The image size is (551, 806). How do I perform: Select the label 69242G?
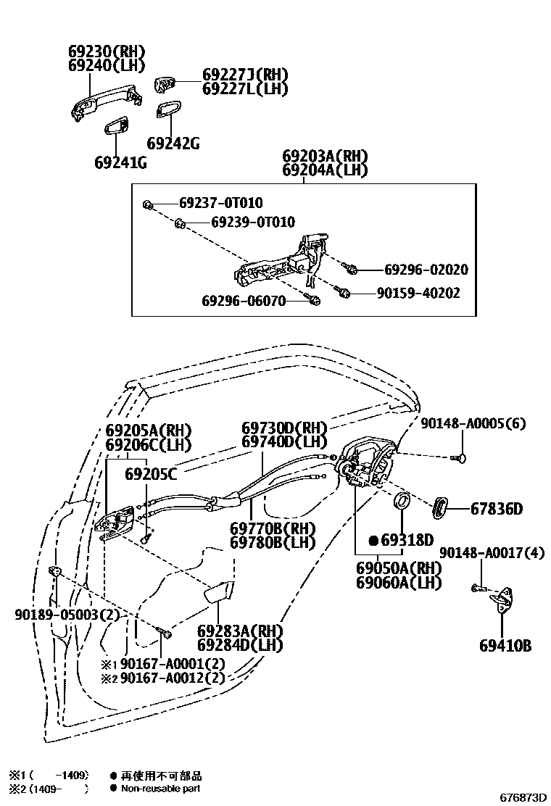coord(173,143)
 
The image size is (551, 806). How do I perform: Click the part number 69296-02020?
coord(426,270)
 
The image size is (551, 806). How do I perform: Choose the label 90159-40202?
coord(418,294)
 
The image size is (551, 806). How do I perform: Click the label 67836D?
coord(497,509)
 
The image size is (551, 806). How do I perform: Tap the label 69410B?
coord(505,645)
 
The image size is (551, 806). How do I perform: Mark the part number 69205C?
coord(151,474)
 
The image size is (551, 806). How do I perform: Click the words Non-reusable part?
coord(160,788)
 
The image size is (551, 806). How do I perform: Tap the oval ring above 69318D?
coord(402,501)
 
